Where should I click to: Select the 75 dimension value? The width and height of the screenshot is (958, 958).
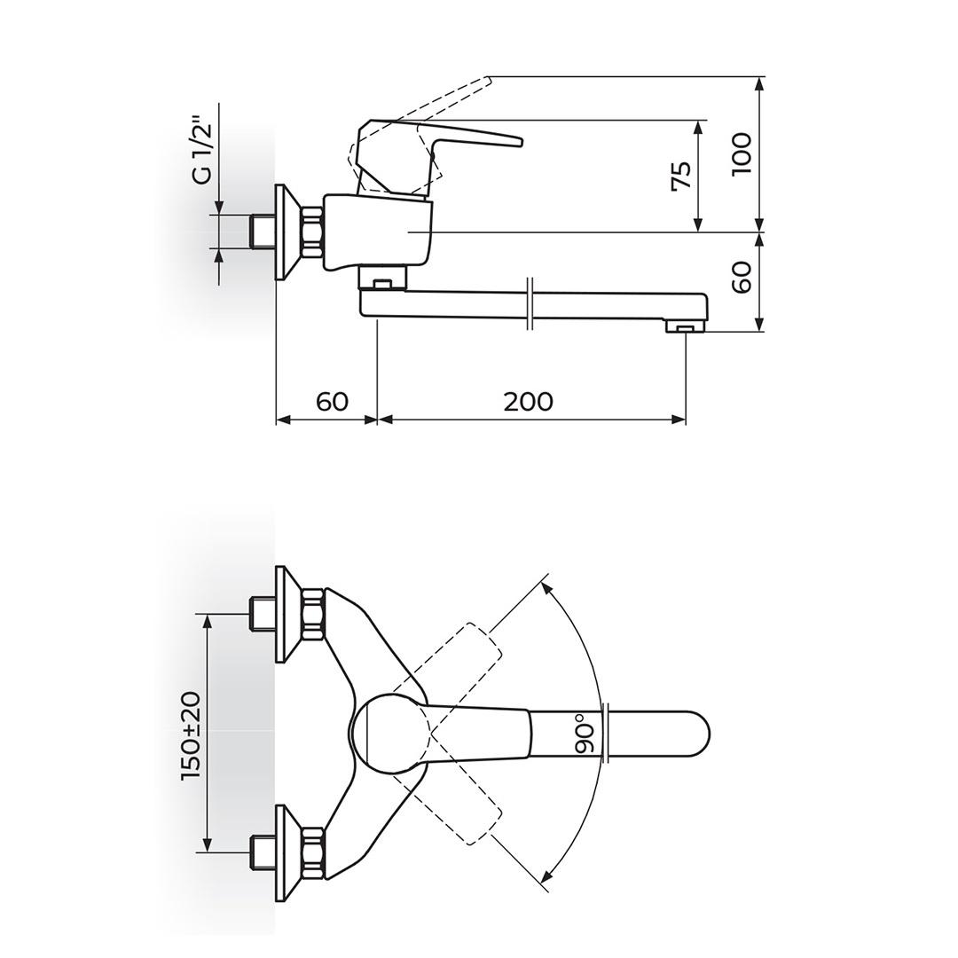pos(680,176)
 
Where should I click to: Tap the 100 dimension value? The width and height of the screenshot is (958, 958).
pos(742,153)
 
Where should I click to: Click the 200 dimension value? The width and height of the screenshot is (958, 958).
pos(528,402)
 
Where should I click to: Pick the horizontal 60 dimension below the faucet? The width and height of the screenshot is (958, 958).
pos(332,402)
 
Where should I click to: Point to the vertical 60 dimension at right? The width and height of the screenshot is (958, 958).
pos(742,276)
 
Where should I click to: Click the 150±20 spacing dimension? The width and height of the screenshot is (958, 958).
pos(191,735)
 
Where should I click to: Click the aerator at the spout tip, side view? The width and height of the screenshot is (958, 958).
pos(685,329)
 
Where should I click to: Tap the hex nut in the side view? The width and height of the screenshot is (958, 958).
pos(312,232)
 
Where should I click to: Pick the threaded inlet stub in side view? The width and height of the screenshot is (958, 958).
pos(262,232)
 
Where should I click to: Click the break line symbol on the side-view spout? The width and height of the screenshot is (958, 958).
pos(529,303)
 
